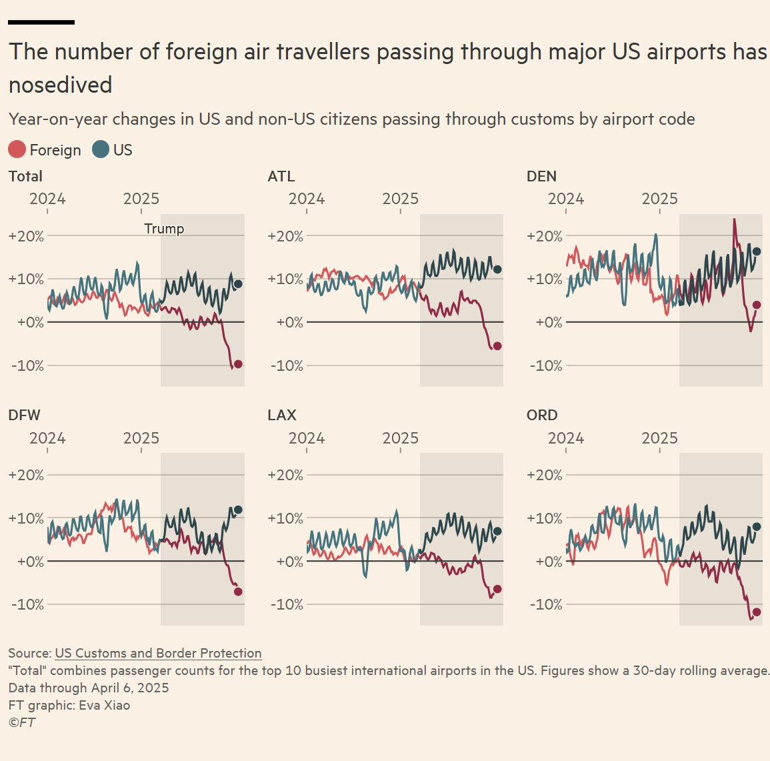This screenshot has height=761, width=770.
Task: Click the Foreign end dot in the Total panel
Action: [x=238, y=363]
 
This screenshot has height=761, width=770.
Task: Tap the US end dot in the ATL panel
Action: [x=497, y=269]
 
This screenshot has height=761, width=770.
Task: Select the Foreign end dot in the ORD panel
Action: [x=757, y=612]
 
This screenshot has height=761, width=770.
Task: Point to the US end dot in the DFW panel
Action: [x=238, y=510]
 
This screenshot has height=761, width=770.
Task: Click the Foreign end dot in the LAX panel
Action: [x=497, y=589]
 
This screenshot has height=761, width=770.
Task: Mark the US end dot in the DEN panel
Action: [x=757, y=251]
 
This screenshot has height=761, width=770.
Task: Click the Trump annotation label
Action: [x=164, y=229]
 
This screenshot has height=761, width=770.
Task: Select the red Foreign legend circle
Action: [x=17, y=149]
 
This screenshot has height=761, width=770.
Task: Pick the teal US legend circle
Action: [x=101, y=149]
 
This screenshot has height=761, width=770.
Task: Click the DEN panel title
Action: [x=541, y=176]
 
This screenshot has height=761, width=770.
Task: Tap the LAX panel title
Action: [x=281, y=415]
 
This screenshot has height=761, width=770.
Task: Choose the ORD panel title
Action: [x=542, y=415]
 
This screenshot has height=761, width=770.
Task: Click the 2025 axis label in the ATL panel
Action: [x=400, y=199]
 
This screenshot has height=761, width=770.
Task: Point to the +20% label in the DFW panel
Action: [x=26, y=475]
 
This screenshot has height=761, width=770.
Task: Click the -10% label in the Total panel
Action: [x=26, y=365]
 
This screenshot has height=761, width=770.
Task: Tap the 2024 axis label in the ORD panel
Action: [x=565, y=438]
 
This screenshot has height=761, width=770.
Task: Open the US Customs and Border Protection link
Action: [x=158, y=653]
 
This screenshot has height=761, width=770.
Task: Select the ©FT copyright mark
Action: [x=22, y=722]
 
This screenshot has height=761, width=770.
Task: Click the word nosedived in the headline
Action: [x=61, y=85]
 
